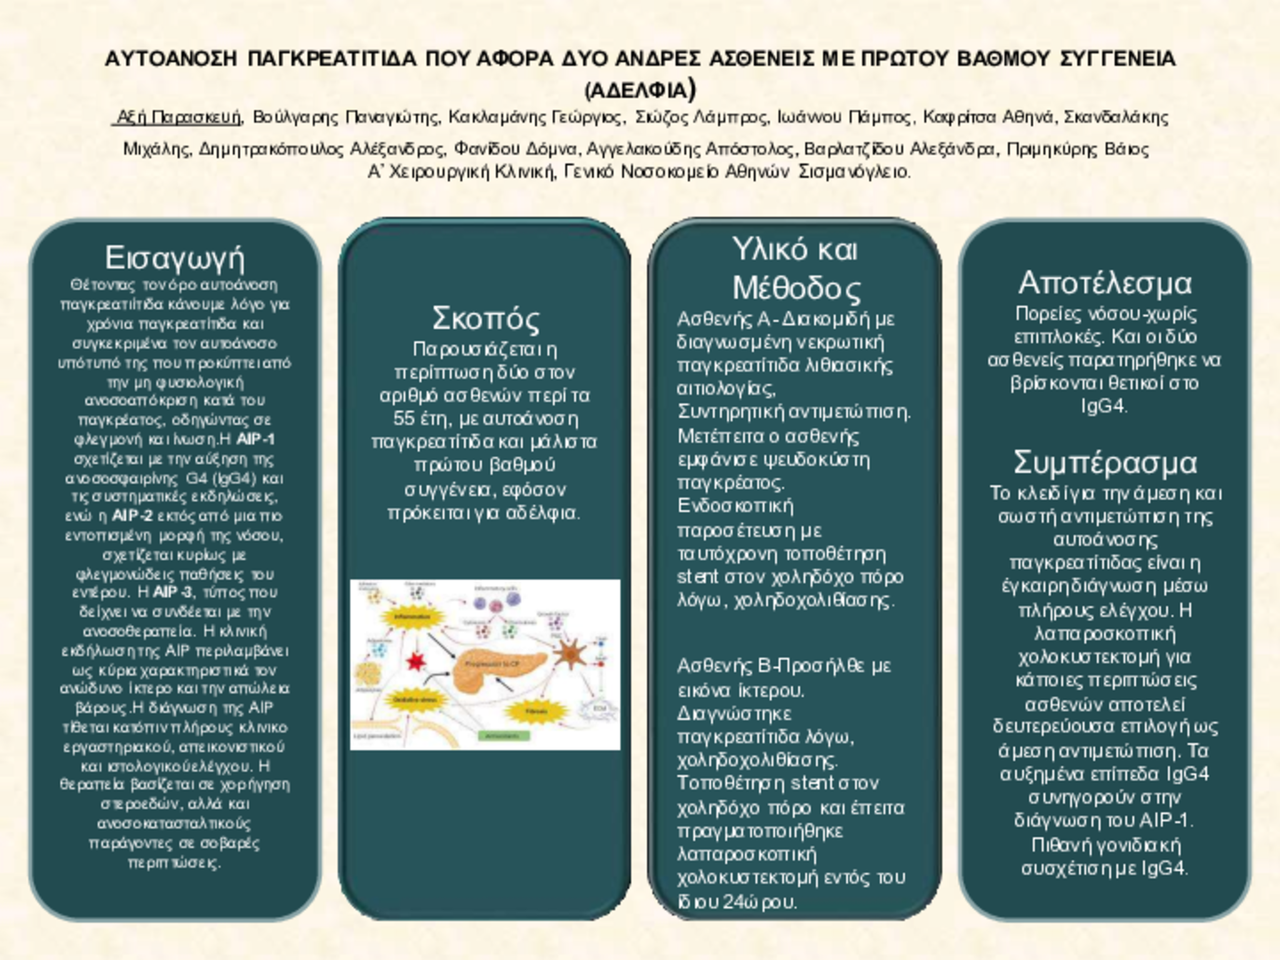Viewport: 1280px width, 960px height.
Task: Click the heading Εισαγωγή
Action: point(174,257)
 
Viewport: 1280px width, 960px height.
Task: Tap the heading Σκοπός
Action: point(485,318)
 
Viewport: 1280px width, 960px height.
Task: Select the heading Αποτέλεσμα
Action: point(1104,283)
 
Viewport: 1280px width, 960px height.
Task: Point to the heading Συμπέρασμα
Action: point(1104,462)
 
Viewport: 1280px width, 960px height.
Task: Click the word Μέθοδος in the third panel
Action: point(796,288)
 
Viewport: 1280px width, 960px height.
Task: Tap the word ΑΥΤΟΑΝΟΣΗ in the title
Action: point(171,59)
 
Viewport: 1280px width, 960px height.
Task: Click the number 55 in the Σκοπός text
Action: point(405,418)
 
